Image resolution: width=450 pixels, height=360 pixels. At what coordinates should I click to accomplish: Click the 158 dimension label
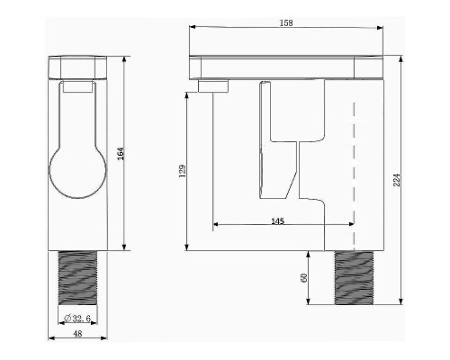286,22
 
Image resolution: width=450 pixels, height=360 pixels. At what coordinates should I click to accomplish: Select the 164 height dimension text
121,154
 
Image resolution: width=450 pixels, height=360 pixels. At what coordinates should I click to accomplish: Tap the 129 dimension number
183,171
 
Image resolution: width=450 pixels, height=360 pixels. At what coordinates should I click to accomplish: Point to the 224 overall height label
397,180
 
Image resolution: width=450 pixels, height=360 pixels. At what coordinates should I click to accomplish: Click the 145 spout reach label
277,221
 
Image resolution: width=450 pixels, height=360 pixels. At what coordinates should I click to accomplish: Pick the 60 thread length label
304,277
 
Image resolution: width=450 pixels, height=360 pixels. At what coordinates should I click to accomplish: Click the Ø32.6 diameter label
77,319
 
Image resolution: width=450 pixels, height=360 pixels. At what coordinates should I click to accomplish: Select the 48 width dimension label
77,333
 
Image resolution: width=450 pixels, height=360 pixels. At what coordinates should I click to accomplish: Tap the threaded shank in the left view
77,278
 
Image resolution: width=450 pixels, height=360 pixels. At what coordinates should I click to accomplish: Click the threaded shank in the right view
354,278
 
